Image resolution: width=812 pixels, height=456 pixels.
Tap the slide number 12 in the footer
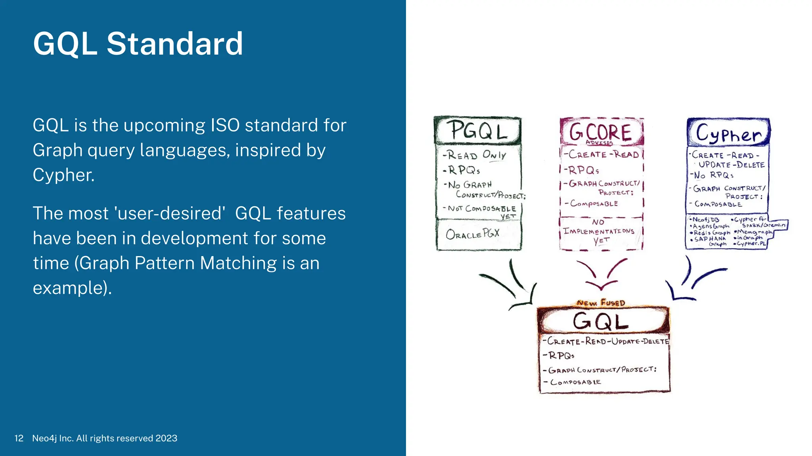pyautogui.click(x=19, y=438)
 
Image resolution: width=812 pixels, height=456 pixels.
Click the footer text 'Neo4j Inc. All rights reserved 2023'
pyautogui.click(x=105, y=438)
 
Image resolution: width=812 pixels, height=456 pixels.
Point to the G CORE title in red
pyautogui.click(x=600, y=132)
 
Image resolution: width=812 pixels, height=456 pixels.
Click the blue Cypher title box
pyautogui.click(x=728, y=133)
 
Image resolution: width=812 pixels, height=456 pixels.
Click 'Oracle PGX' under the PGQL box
pyautogui.click(x=473, y=234)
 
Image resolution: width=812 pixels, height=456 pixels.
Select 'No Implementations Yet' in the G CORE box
pyautogui.click(x=599, y=231)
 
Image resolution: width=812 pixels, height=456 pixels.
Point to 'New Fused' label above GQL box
pyautogui.click(x=601, y=303)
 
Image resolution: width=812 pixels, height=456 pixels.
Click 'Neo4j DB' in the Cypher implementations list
pyautogui.click(x=705, y=220)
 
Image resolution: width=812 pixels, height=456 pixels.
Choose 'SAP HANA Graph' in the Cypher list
pyautogui.click(x=710, y=241)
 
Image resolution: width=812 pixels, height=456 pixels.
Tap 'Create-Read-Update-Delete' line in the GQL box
pyautogui.click(x=605, y=341)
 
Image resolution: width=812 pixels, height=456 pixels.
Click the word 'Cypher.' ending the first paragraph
pyautogui.click(x=63, y=175)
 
